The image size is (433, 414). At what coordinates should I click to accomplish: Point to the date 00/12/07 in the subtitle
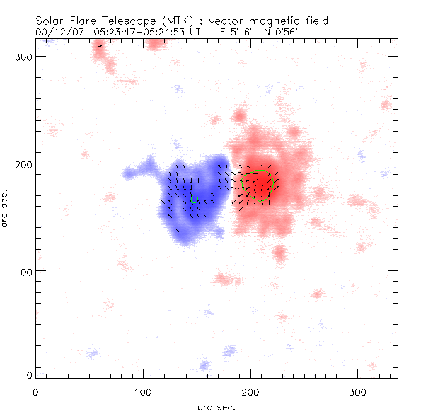[x=60, y=31]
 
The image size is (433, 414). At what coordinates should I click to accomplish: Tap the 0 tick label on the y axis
[x=30, y=375]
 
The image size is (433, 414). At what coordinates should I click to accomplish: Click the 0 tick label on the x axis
[x=35, y=391]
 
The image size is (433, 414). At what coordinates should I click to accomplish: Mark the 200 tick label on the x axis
[x=250, y=391]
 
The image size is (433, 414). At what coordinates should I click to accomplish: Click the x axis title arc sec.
[x=216, y=406]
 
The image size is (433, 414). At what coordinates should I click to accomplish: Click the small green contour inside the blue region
[x=195, y=199]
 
